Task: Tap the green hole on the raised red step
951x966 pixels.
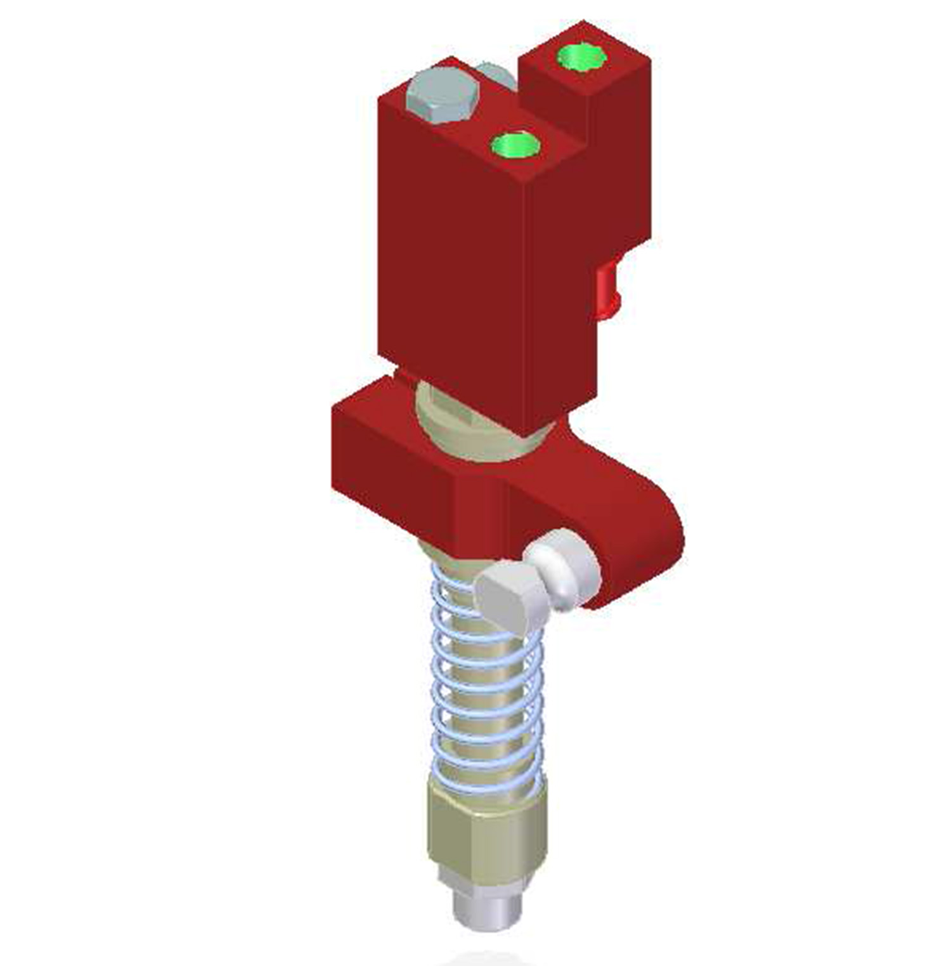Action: [x=581, y=57]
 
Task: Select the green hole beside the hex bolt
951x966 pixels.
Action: [x=515, y=145]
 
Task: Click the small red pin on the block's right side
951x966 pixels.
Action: [x=608, y=289]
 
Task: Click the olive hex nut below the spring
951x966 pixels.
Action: [x=485, y=831]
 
